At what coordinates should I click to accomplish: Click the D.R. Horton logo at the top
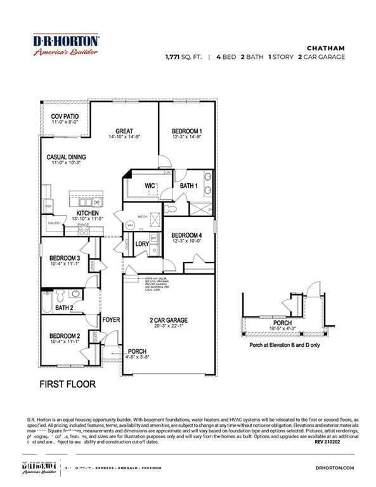[x=65, y=45]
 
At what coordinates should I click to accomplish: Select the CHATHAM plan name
[x=325, y=47]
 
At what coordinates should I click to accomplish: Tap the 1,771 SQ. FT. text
[x=183, y=56]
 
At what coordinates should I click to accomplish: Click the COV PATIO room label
[x=65, y=116]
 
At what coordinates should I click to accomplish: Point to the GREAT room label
[x=124, y=131]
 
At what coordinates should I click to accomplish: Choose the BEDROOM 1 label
[x=187, y=131]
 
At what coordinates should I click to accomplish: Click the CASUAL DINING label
[x=66, y=157]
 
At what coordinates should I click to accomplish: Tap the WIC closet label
[x=150, y=186]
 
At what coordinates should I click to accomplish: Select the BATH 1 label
[x=188, y=186]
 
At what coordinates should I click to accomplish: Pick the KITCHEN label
[x=88, y=213]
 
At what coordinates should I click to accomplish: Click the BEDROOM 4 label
[x=186, y=235]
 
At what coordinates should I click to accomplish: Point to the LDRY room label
[x=142, y=243]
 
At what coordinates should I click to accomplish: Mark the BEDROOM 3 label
[x=65, y=258]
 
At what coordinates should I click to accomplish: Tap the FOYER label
[x=112, y=320]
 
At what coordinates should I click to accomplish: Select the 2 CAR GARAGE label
[x=168, y=320]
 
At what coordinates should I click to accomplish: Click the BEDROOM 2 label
[x=65, y=335]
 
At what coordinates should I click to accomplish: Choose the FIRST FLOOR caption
[x=67, y=384]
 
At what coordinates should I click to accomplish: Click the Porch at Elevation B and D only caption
[x=284, y=346]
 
